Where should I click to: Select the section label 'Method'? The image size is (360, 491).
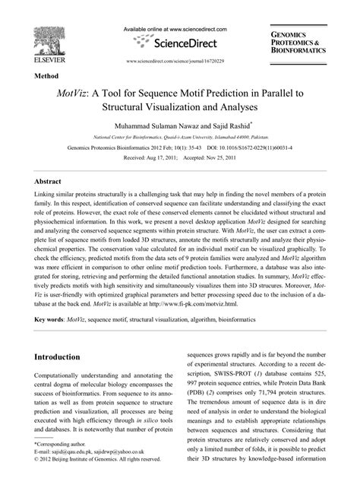click(x=48, y=76)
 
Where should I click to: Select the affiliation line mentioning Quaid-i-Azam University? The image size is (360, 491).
click(x=182, y=137)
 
